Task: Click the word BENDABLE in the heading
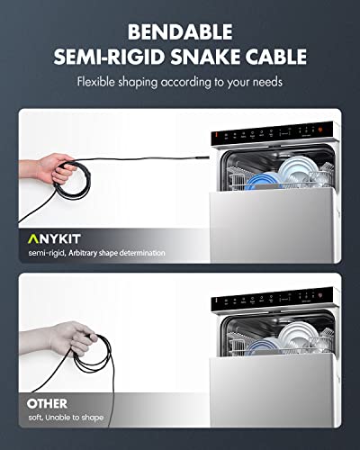180,31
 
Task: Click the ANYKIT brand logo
56,238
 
